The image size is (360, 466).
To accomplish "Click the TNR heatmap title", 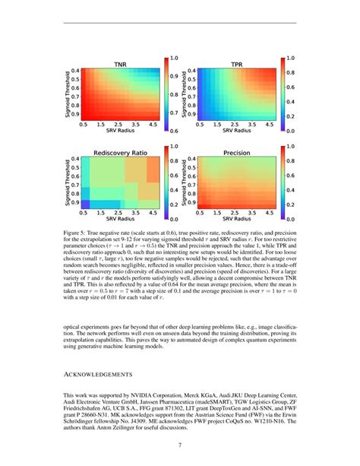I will click(x=120, y=65).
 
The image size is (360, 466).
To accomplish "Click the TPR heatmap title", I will click(x=237, y=65).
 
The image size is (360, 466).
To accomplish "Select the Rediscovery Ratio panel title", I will click(x=120, y=152).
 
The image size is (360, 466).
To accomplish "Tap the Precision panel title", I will click(x=237, y=152).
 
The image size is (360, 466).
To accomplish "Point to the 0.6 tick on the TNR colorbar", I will click(x=173, y=130).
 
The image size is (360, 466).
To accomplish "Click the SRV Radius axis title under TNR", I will click(x=120, y=131).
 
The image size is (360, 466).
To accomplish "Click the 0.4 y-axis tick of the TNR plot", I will click(x=75, y=71).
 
